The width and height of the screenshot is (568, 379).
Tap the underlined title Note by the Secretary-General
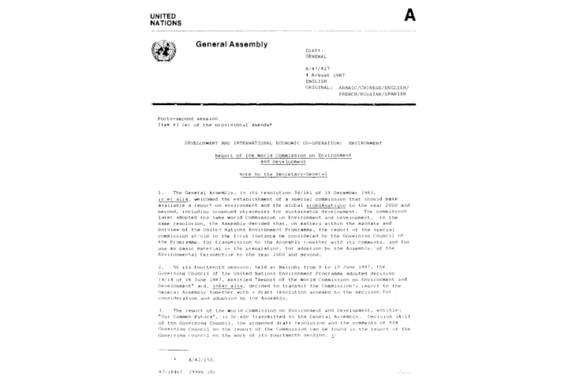[x=282, y=173]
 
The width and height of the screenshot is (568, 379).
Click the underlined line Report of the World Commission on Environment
[x=282, y=156]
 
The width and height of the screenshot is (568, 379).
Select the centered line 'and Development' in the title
[x=282, y=161]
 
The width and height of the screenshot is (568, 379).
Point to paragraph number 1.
[x=159, y=192]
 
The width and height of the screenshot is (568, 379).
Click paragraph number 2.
[x=160, y=267]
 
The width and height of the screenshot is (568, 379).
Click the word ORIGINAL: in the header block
[x=317, y=86]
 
